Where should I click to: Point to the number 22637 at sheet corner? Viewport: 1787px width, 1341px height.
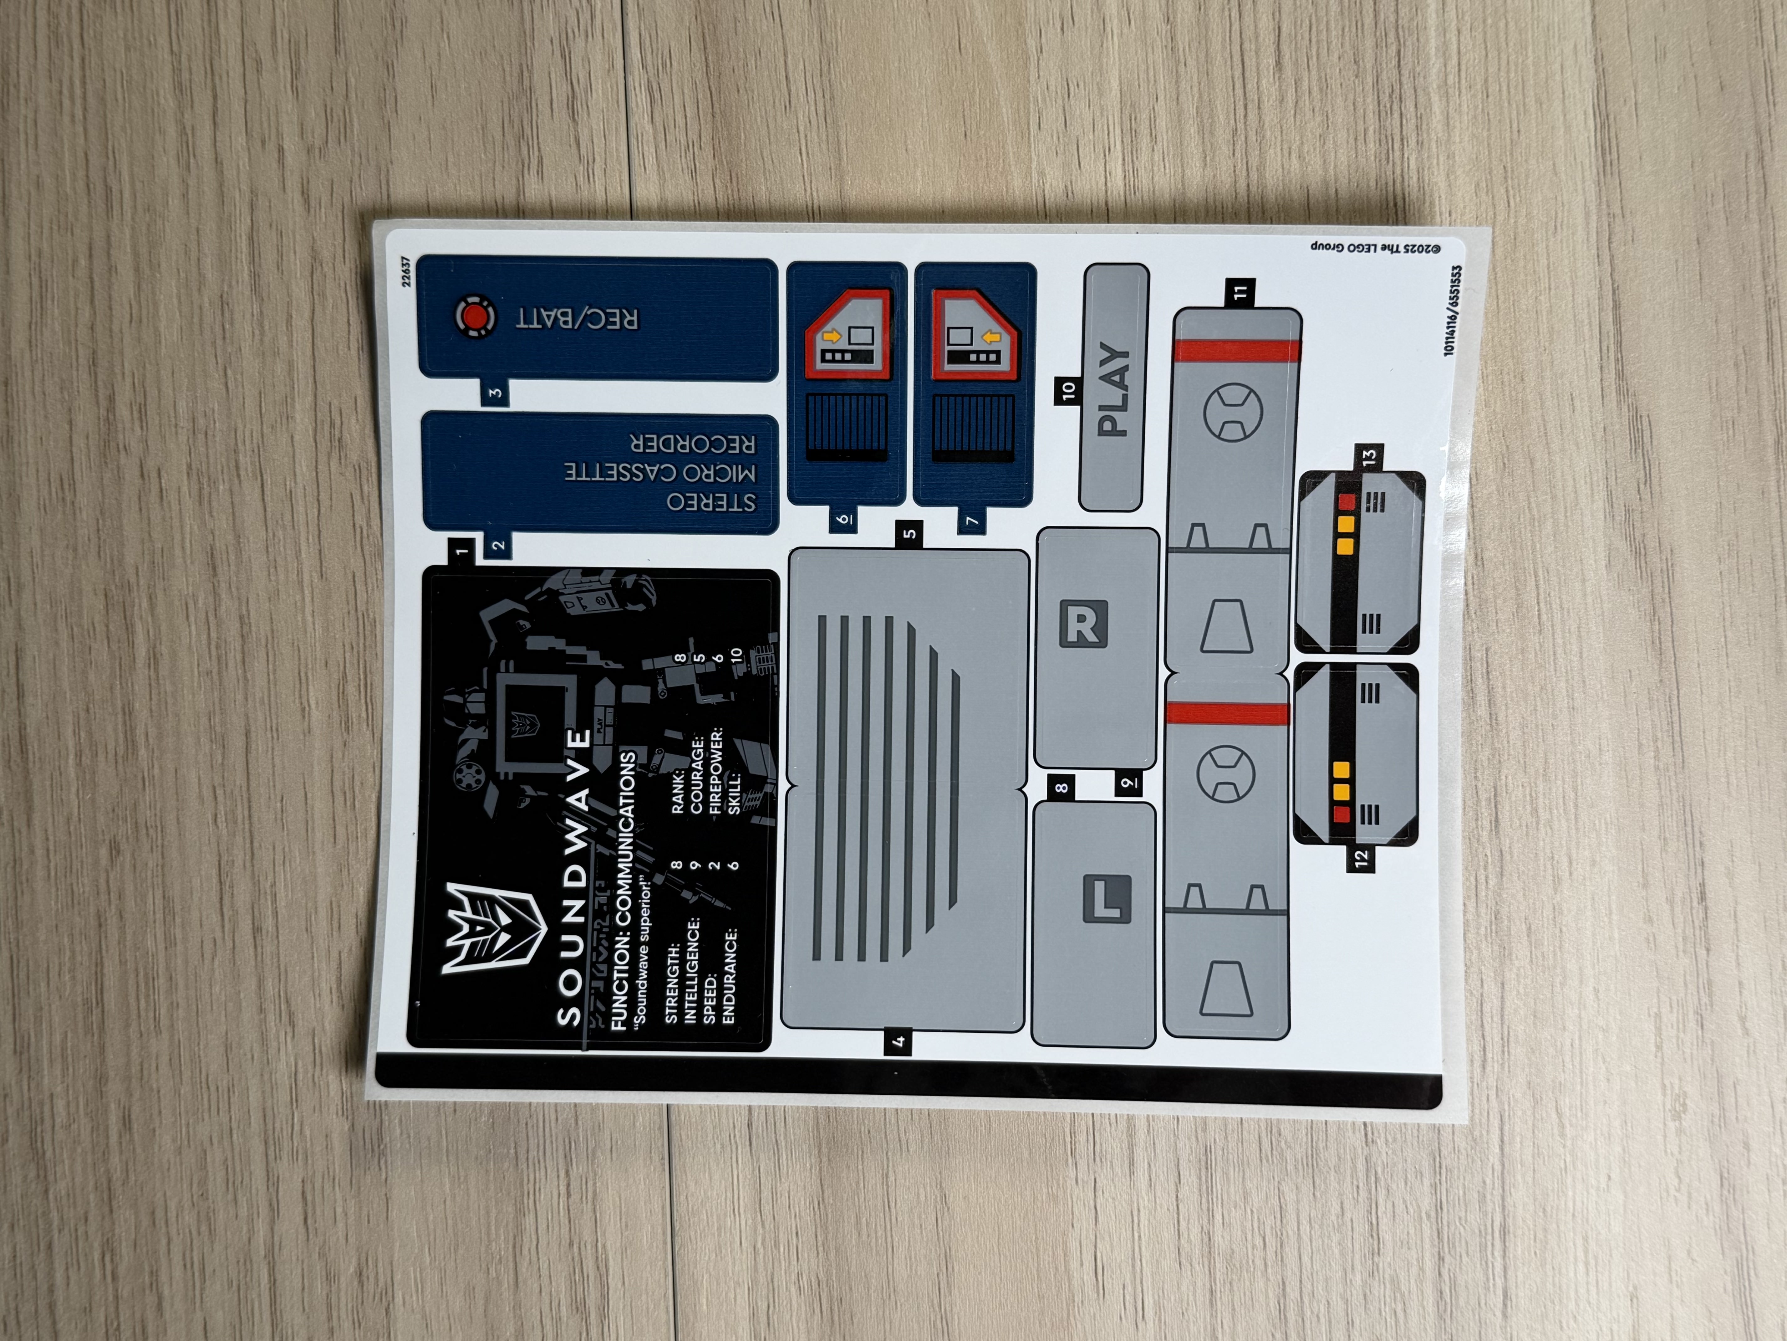click(405, 272)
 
